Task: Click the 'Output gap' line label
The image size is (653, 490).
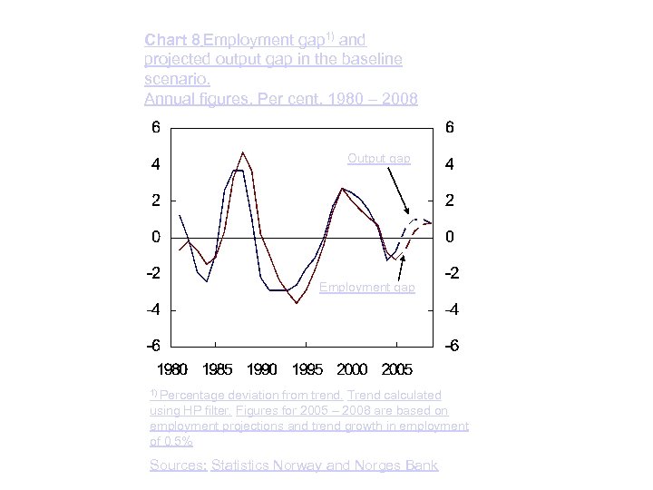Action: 378,159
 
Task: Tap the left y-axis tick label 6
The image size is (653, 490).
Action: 156,128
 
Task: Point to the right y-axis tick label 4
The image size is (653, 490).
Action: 451,165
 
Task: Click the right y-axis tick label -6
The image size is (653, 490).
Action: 449,347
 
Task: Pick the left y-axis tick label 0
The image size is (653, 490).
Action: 156,237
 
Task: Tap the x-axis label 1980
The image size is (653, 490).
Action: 172,369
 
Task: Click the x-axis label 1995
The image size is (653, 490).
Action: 307,369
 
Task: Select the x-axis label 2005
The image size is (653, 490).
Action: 397,369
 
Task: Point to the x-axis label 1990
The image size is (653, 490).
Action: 262,369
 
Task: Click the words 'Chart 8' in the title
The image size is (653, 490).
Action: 172,40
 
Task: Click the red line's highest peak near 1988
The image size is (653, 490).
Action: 242,152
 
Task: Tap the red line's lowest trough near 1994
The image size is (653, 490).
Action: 297,303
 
